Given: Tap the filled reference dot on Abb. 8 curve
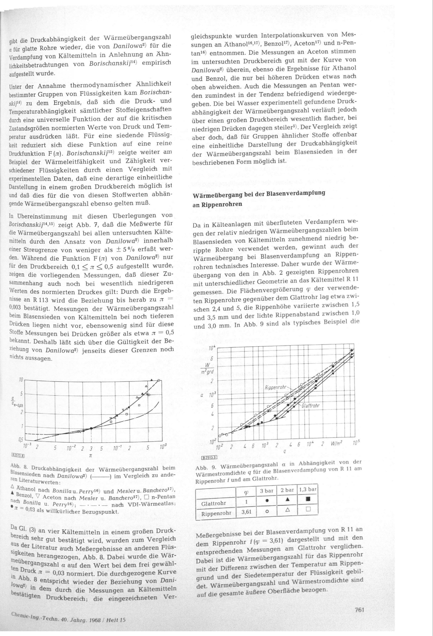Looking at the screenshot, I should click(91, 428).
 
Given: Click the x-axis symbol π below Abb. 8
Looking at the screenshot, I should click(90, 455).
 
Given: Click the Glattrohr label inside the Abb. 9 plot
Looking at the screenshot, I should click(310, 405).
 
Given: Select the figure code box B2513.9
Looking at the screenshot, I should click(209, 457).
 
